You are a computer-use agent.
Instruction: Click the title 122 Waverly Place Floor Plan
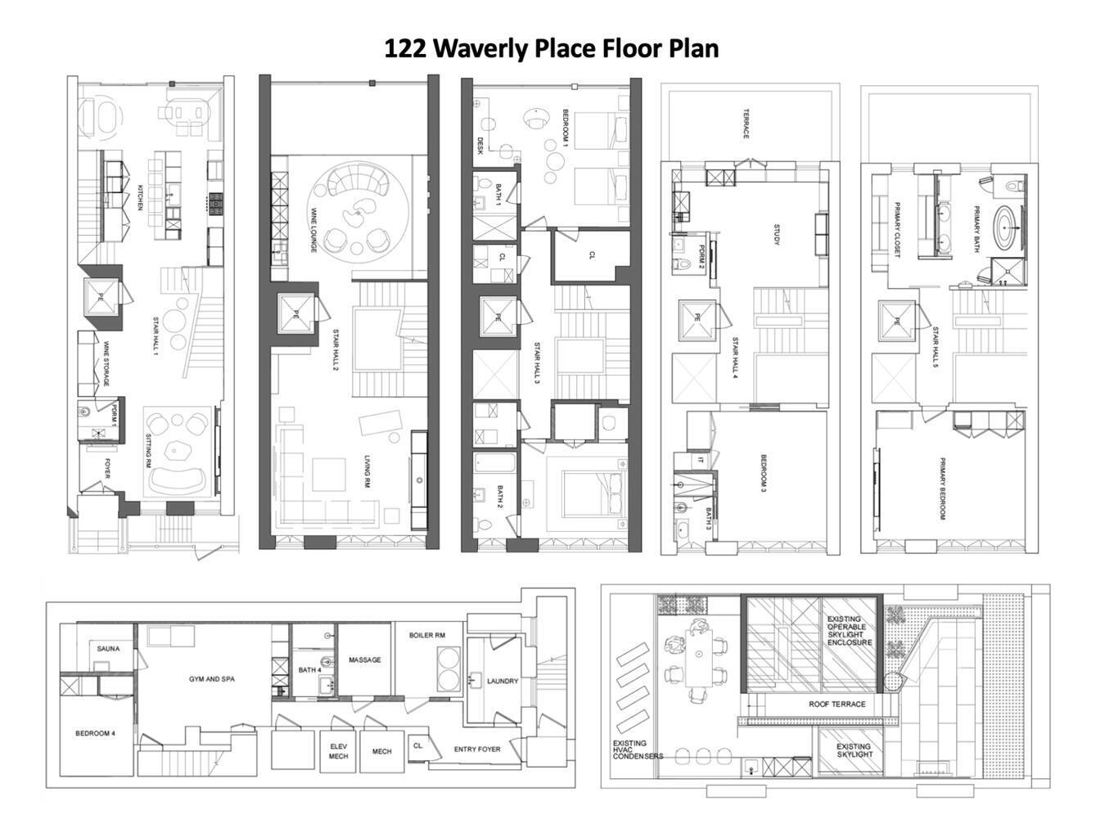click(x=552, y=48)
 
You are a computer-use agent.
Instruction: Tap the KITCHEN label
click(x=141, y=197)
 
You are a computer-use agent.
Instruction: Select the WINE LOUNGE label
click(x=313, y=229)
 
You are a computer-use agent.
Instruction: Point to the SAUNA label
click(x=108, y=649)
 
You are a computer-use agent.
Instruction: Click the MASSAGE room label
click(x=364, y=660)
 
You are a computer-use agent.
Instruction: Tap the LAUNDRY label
click(x=502, y=681)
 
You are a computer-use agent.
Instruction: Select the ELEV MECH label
click(x=339, y=751)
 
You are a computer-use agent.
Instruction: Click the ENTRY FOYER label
click(x=477, y=750)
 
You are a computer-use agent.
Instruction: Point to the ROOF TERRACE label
click(x=837, y=704)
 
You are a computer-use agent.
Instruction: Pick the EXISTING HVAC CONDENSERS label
click(x=638, y=750)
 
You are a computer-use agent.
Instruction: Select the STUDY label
click(x=777, y=235)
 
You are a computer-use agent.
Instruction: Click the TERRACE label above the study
click(x=746, y=124)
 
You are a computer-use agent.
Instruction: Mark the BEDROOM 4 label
click(x=95, y=734)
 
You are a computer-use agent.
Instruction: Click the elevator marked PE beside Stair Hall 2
click(x=295, y=314)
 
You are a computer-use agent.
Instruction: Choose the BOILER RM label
click(x=426, y=635)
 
